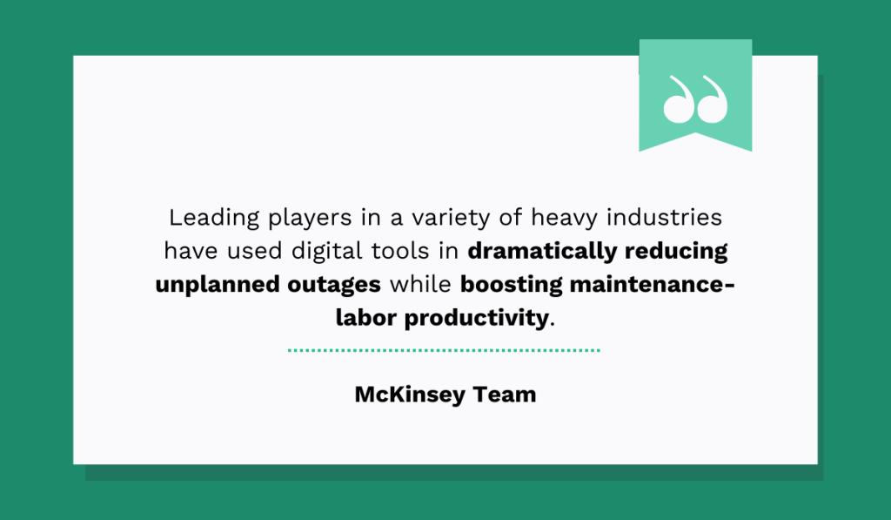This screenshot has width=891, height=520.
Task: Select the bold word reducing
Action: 677,252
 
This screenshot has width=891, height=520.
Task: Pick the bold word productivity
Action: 477,319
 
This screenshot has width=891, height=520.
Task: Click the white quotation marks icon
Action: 695,98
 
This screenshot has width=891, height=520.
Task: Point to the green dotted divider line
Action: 444,350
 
